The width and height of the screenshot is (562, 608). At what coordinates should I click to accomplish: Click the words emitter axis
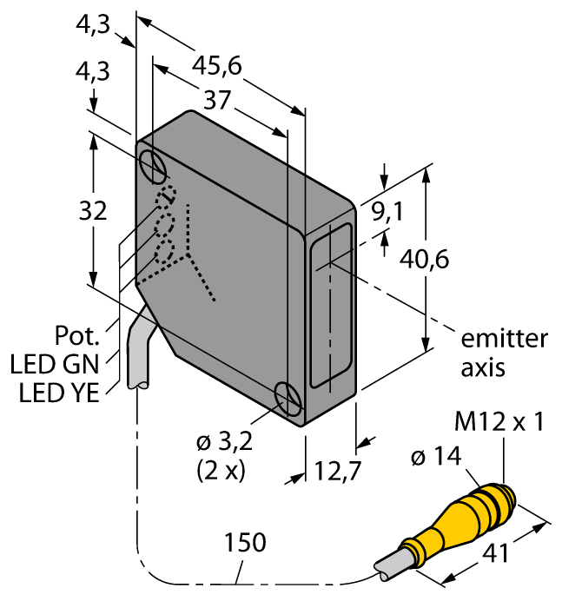[492, 352]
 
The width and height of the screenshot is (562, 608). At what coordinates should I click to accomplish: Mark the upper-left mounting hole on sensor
[154, 165]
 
